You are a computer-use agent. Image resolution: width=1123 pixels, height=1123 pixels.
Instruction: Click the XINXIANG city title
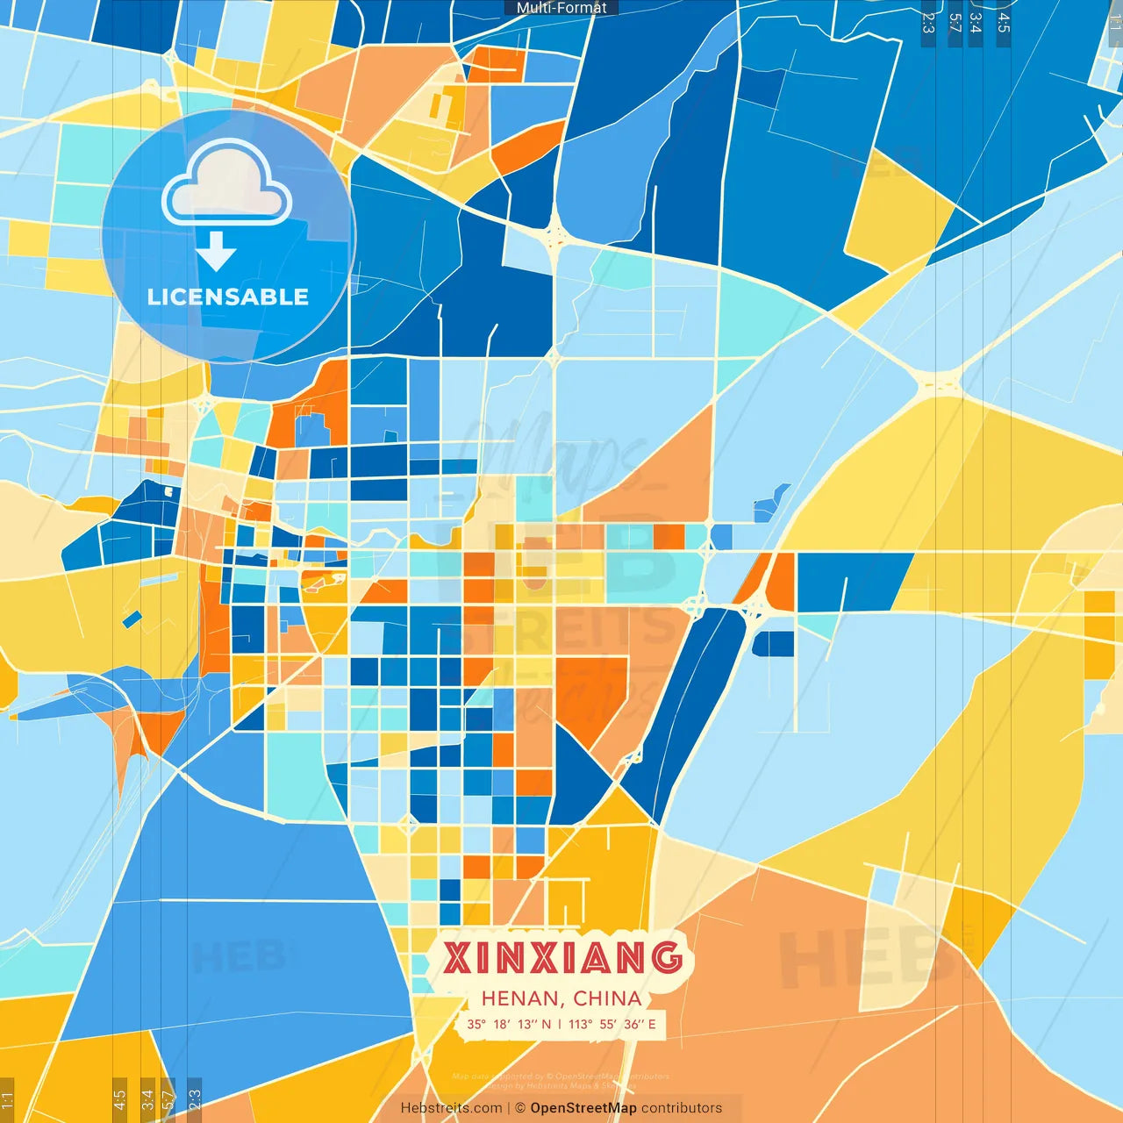(562, 957)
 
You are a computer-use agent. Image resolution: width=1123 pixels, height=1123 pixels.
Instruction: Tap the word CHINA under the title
(607, 998)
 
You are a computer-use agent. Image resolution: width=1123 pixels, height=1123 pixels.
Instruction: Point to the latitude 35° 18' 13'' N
(509, 1024)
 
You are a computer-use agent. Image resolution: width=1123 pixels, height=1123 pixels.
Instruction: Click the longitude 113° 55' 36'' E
(612, 1024)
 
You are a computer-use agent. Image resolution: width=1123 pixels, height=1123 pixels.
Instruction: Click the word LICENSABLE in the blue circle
(228, 297)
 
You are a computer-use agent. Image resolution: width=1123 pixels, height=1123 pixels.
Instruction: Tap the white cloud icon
(227, 183)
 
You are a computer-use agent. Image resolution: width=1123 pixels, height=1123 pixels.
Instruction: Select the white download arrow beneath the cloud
(216, 251)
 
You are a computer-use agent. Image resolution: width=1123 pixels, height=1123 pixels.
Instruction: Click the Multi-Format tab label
(561, 8)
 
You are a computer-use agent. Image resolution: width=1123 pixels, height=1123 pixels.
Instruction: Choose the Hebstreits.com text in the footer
(451, 1108)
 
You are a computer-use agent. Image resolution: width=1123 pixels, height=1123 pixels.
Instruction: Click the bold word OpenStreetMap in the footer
(583, 1108)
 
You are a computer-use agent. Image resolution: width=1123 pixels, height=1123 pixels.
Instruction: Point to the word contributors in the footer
(682, 1108)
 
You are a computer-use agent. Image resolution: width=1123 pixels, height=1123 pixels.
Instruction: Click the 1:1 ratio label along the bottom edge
(7, 1099)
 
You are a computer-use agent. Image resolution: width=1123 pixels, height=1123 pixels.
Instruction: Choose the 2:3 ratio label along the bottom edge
(195, 1099)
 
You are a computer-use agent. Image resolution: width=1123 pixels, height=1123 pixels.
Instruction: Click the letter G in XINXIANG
(667, 957)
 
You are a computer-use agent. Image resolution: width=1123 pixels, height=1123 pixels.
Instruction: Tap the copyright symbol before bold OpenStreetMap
(520, 1108)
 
